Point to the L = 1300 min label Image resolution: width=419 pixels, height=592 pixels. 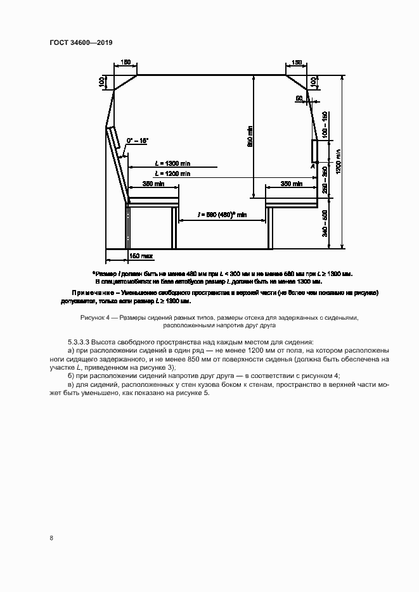point(172,164)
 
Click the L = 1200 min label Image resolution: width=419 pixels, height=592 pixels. point(172,173)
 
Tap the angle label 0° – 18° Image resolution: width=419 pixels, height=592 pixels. point(137,139)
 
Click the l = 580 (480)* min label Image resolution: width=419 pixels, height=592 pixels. point(221,215)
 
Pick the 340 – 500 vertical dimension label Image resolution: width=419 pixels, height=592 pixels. point(325,224)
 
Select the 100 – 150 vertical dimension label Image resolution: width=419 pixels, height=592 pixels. point(325,125)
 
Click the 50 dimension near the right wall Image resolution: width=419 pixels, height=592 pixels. point(299,98)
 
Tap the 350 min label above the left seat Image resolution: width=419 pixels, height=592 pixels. point(153,184)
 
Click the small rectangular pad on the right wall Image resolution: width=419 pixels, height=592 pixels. point(314,151)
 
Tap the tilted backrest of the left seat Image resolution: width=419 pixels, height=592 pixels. point(114,142)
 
